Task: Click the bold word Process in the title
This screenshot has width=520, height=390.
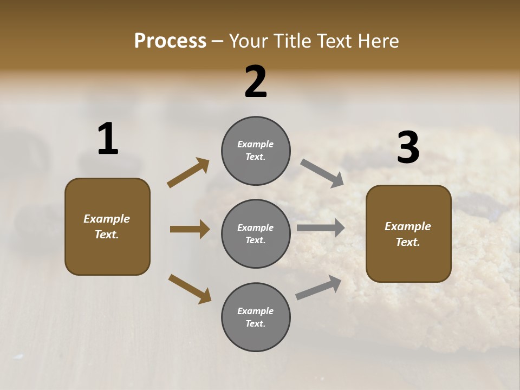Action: [170, 41]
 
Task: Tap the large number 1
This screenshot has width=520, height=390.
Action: [108, 139]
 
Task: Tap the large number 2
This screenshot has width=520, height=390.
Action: [256, 82]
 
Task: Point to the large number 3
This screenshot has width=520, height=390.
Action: [408, 147]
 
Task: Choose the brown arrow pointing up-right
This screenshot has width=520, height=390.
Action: [188, 173]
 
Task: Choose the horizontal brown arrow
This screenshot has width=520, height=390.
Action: [190, 229]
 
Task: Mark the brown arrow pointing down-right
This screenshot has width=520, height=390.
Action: [190, 288]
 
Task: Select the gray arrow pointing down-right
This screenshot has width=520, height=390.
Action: [322, 173]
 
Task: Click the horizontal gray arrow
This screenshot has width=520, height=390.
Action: [321, 228]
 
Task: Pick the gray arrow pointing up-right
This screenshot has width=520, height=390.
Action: [318, 288]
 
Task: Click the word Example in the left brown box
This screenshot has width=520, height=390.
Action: [107, 219]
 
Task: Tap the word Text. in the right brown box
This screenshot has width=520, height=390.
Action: [408, 242]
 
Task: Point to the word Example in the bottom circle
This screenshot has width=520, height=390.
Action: [256, 311]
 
